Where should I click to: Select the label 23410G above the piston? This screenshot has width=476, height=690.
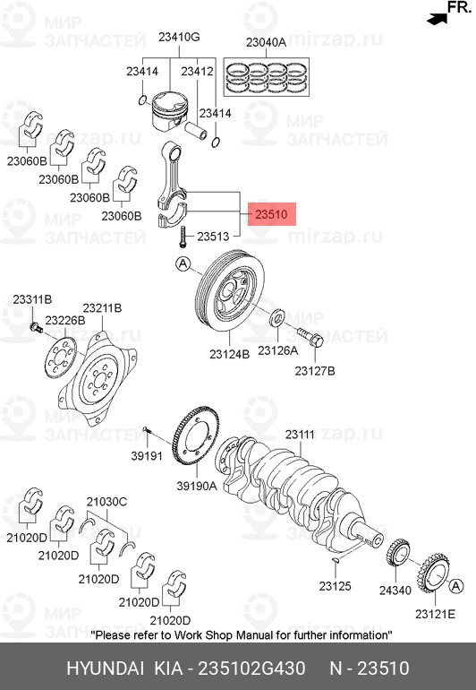[x=179, y=37]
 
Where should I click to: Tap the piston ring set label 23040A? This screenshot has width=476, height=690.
[x=266, y=42]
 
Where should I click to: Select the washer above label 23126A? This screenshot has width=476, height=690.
[x=277, y=317]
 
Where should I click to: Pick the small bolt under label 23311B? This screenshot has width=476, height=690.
[x=35, y=328]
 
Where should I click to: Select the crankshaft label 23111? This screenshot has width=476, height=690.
[x=300, y=434]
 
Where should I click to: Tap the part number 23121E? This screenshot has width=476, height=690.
[x=435, y=614]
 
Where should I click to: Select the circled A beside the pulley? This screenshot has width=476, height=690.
[x=183, y=263]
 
